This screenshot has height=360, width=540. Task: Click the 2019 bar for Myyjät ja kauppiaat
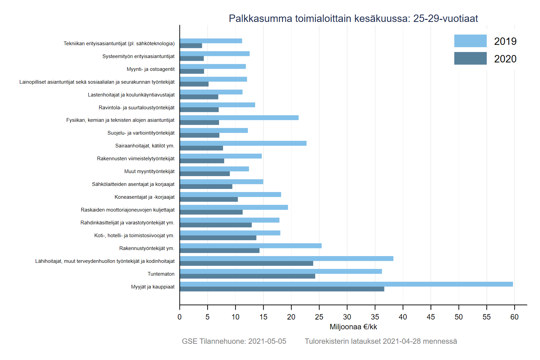pos(346,284)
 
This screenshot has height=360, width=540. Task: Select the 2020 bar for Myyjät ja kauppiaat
pos(282,289)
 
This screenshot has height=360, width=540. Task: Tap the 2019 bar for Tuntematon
pos(281,271)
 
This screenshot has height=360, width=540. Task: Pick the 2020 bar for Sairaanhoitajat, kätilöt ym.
pos(201,148)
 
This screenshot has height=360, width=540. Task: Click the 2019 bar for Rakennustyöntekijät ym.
pos(251,246)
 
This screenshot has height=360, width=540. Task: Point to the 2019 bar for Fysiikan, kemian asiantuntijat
pos(239,118)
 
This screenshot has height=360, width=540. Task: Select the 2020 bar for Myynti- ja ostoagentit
pos(192,71)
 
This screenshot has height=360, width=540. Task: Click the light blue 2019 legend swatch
pos(470,41)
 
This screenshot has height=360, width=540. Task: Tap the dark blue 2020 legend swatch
pos(470,58)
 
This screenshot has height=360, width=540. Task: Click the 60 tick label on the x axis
pos(514,317)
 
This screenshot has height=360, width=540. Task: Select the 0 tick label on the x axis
pos(180,317)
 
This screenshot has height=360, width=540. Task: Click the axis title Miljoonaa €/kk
pos(353,327)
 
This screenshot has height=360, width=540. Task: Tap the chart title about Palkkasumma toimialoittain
pos(353,18)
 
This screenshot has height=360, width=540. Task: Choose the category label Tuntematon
pos(161,274)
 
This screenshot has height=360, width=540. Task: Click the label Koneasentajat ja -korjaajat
pos(144,197)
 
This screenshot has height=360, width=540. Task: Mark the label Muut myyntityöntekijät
pos(149,171)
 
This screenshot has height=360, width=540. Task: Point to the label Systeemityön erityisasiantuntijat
pos(138,56)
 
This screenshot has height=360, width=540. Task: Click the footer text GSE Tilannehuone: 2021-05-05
pos(234,341)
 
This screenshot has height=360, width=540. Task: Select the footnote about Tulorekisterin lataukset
pos(381,341)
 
